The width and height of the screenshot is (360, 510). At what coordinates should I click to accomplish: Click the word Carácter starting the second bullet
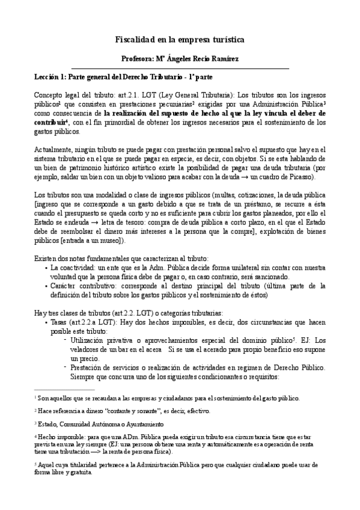pos(66,286)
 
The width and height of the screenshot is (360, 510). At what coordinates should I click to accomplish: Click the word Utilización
pos(91,340)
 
